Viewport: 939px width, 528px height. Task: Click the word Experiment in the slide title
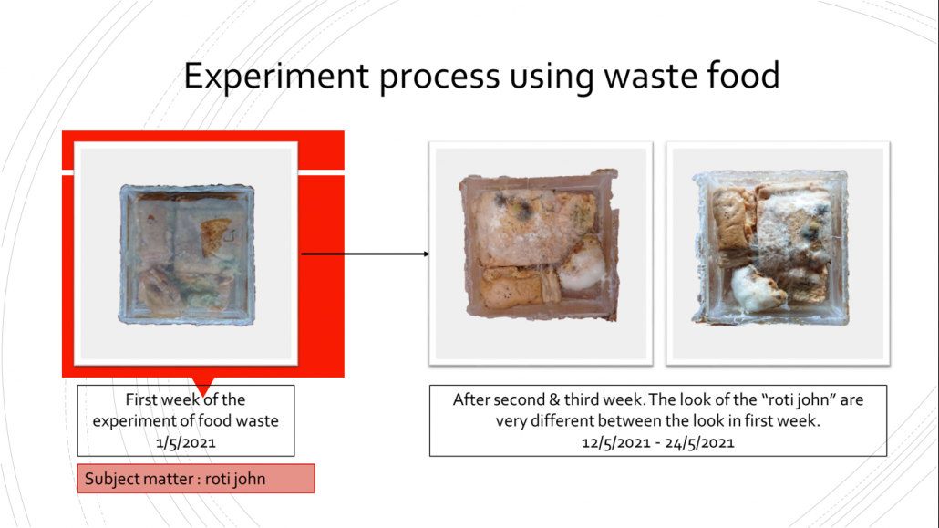(x=276, y=76)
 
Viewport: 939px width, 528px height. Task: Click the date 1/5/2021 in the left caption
(x=186, y=443)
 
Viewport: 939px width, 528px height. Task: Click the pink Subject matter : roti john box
(x=196, y=479)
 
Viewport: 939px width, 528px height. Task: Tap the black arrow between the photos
(x=366, y=254)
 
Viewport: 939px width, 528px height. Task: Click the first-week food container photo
(x=186, y=254)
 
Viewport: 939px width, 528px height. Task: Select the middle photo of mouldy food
(x=541, y=254)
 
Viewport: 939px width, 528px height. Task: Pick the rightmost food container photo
(x=778, y=254)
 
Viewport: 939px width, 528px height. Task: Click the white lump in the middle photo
(x=580, y=264)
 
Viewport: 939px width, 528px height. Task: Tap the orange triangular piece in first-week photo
(x=215, y=237)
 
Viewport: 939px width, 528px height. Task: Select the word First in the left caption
(x=140, y=399)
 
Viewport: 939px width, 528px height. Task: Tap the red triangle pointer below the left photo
(x=203, y=387)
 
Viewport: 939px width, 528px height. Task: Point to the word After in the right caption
(x=471, y=399)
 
